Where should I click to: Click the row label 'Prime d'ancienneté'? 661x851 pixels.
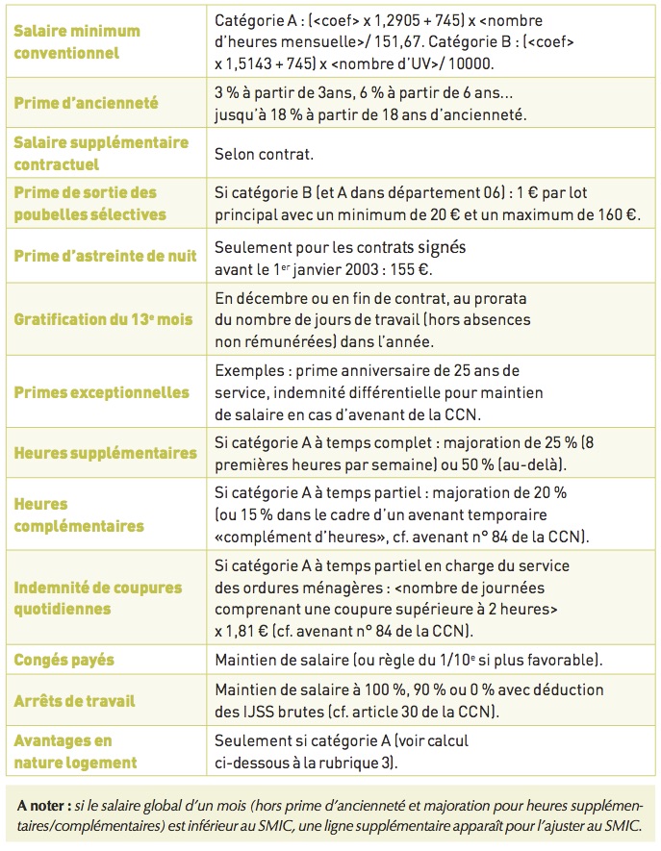[86, 103]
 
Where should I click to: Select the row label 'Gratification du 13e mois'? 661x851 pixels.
[102, 319]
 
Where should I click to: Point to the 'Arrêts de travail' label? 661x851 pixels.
[76, 701]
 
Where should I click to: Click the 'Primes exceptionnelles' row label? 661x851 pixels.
[101, 392]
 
